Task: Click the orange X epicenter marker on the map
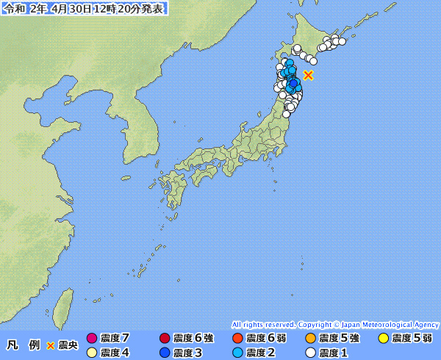(x=309, y=75)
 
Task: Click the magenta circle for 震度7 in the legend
(x=92, y=339)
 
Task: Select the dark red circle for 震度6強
(x=165, y=339)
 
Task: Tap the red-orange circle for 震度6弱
(x=237, y=339)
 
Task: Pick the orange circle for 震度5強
(x=310, y=339)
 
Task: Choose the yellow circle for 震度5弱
(x=383, y=339)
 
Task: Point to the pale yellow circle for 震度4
(x=92, y=353)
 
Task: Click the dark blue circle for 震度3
(x=165, y=353)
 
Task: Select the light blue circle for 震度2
(x=237, y=353)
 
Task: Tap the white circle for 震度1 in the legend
(x=310, y=353)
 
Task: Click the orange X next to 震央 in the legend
(x=51, y=345)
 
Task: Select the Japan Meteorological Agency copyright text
(x=335, y=324)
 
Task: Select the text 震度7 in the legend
(x=115, y=339)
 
